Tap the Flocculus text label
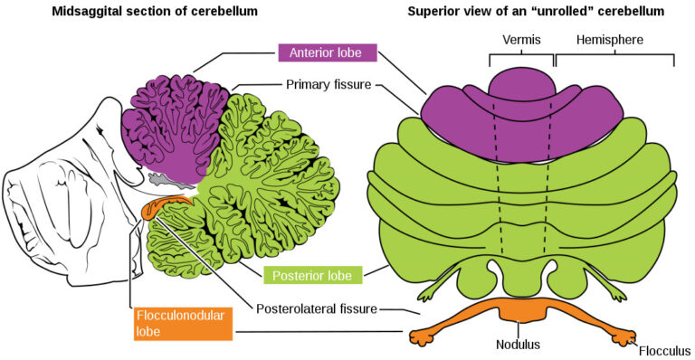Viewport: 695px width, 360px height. click(662, 350)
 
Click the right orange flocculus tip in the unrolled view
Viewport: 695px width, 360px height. click(624, 336)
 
